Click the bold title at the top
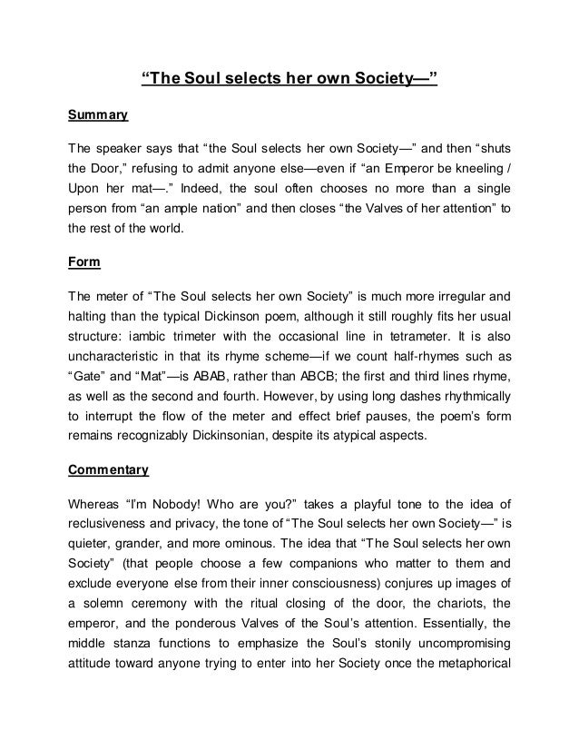tap(289, 79)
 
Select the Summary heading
tap(99, 116)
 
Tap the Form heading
tap(85, 263)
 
